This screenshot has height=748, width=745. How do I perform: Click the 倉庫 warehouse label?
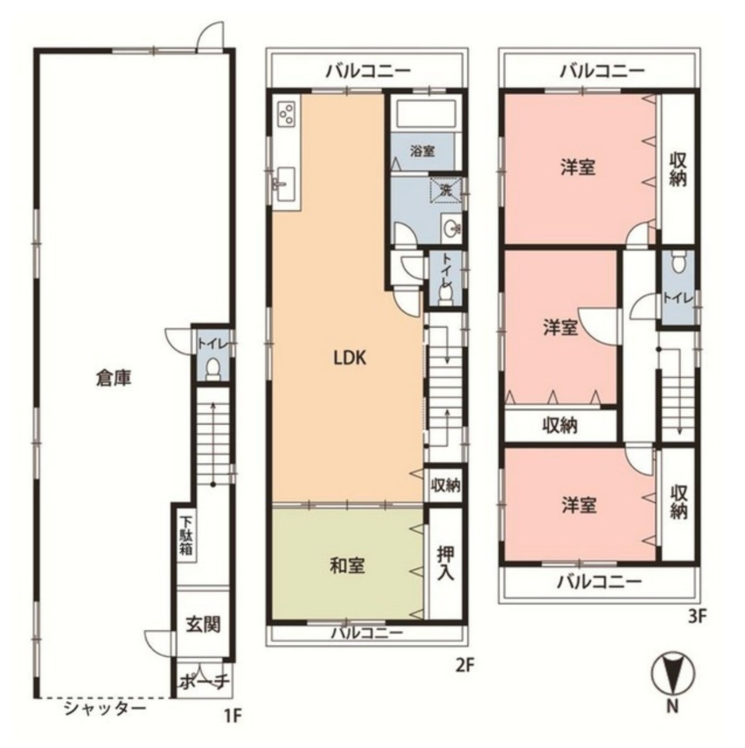click(x=114, y=378)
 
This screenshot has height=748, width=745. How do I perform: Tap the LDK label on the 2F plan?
click(x=350, y=358)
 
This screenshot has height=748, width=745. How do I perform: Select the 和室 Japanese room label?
click(x=348, y=566)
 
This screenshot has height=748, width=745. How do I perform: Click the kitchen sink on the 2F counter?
click(x=285, y=184)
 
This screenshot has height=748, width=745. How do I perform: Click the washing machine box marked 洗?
click(x=446, y=190)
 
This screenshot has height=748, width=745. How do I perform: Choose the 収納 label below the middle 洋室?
click(x=559, y=425)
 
